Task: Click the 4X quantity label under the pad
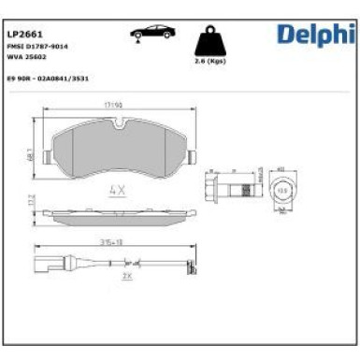coord(117,189)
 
